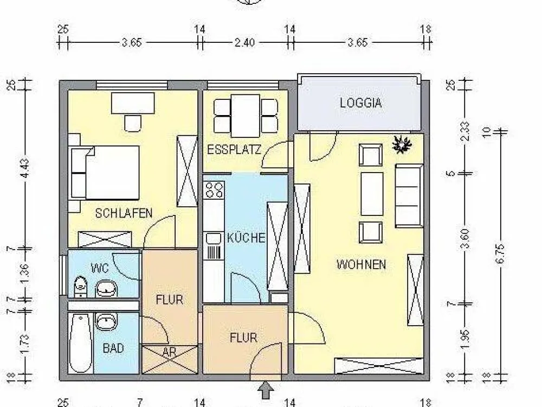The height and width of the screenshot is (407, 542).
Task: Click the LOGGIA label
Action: click(x=360, y=103)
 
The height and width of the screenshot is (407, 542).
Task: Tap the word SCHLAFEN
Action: click(x=124, y=213)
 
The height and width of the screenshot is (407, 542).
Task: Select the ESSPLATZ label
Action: click(x=234, y=150)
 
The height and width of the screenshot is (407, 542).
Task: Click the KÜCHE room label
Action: click(x=246, y=238)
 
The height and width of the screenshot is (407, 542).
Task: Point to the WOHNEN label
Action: click(x=361, y=265)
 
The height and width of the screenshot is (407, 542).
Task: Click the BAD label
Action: click(x=113, y=348)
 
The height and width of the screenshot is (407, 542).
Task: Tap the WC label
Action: click(x=100, y=268)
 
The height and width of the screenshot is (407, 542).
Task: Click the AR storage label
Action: click(x=169, y=352)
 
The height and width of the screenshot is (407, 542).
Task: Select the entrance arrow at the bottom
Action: click(x=266, y=390)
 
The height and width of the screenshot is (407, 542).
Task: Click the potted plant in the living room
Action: click(x=402, y=144)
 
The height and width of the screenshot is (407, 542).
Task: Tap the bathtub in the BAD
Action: click(x=81, y=343)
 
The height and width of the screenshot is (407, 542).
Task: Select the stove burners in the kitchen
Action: click(x=214, y=189)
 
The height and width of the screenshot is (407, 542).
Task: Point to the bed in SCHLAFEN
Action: click(x=105, y=173)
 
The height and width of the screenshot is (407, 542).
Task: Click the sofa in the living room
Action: click(x=409, y=195)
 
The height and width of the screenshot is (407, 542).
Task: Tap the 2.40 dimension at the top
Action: click(x=245, y=43)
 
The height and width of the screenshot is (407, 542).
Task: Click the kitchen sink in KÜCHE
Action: click(x=214, y=238)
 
